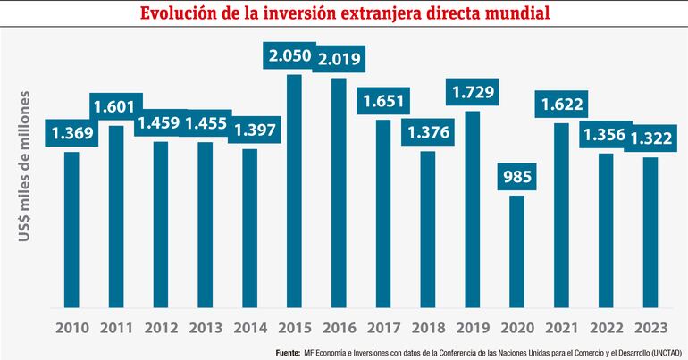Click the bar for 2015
tap(294, 192)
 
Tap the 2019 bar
tap(473, 210)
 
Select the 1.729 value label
tap(474, 92)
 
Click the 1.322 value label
tap(650, 138)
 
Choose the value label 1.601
tap(116, 106)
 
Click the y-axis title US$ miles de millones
tap(27, 164)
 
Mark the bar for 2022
tap(606, 231)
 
